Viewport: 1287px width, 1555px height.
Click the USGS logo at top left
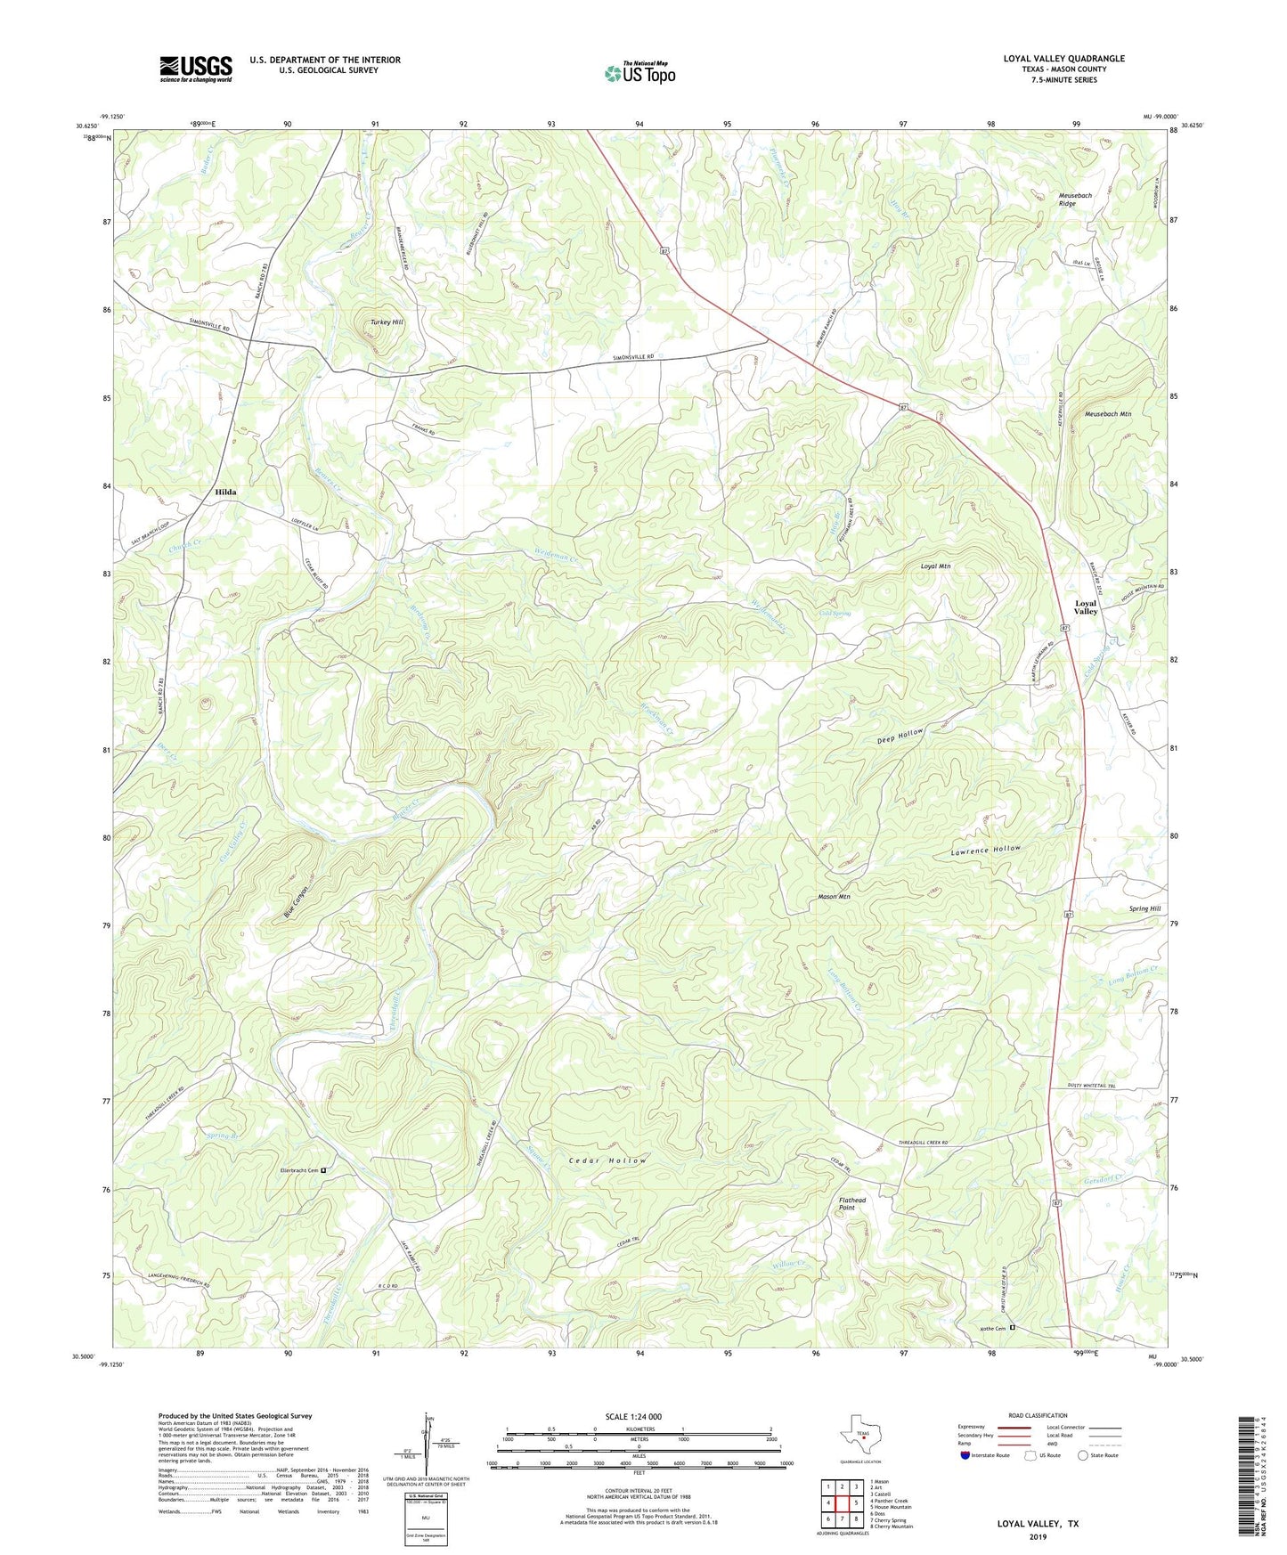196,69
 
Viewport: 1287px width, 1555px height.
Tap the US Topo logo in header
639,73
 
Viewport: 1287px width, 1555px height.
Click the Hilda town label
225,492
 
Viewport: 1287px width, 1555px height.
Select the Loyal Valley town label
1085,607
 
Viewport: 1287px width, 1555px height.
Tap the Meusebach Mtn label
1107,414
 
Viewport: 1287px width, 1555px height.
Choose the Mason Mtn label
834,897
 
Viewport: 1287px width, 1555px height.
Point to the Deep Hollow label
900,737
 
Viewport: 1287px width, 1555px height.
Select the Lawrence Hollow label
984,851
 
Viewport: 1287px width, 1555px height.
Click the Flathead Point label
851,1203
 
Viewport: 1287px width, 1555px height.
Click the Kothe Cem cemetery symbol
1012,1328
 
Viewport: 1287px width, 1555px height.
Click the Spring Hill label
1144,909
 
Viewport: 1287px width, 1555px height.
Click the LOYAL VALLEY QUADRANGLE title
1063,59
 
